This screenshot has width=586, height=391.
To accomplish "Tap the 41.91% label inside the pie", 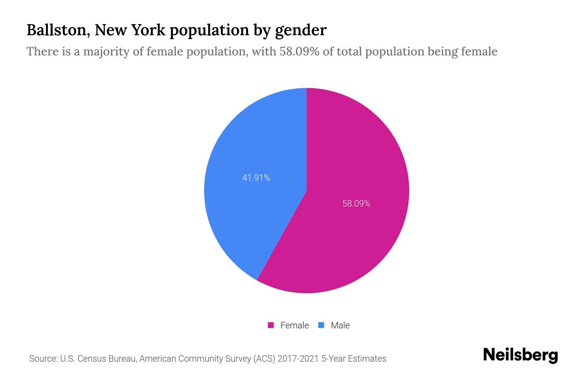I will (256, 178).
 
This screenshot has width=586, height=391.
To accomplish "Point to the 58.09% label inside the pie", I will (356, 204).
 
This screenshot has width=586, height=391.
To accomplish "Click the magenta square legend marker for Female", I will (271, 325).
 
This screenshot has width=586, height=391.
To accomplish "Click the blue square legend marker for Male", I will (321, 325).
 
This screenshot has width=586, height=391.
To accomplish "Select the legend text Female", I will (294, 325).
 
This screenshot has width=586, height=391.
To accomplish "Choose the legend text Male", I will (340, 325).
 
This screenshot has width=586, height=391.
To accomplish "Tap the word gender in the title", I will (300, 30).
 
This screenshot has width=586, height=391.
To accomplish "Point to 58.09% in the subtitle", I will (299, 51).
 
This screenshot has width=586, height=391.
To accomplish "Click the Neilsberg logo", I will (520, 355).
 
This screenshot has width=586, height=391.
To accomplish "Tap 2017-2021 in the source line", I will (298, 359).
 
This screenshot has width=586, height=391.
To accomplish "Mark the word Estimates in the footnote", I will (367, 359).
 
